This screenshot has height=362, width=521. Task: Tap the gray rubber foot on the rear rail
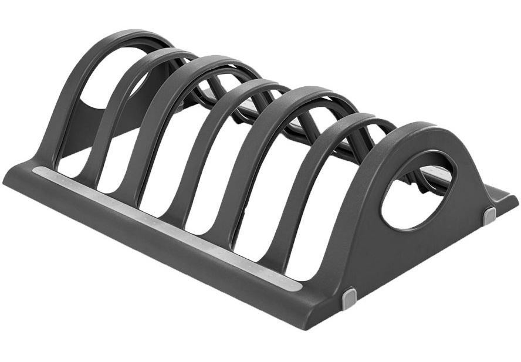point(489,215)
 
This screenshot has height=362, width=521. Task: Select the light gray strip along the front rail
point(164,226)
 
